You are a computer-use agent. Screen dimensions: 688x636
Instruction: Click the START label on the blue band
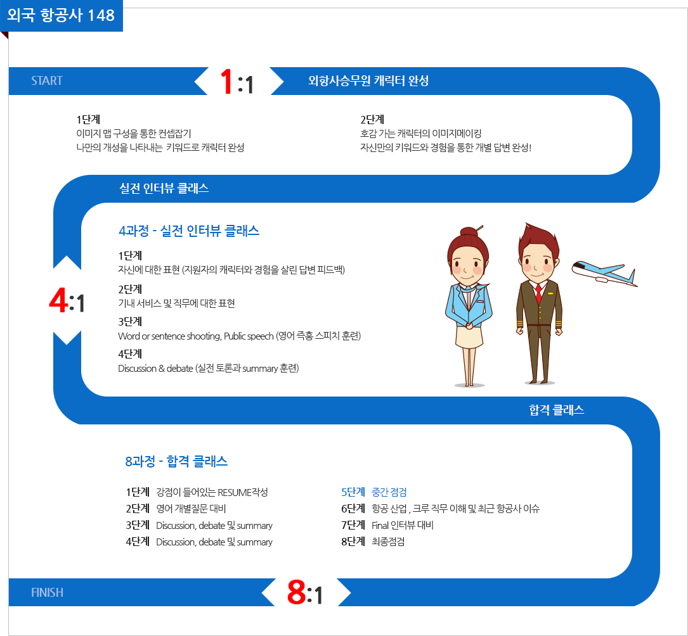47,80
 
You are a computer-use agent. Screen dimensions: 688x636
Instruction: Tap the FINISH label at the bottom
47,592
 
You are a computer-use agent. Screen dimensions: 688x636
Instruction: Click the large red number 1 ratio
227,81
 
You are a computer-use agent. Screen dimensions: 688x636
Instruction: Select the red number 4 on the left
58,301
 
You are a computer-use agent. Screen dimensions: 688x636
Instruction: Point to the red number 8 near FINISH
297,592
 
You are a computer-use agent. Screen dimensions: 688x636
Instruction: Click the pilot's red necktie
538,293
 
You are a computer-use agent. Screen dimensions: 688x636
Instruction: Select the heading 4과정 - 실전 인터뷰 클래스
189,231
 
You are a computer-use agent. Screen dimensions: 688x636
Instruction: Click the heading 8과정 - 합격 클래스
176,461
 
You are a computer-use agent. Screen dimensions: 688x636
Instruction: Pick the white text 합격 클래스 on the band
556,410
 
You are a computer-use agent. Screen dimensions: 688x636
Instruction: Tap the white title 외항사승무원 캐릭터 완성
368,80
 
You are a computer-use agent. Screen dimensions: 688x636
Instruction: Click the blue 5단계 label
353,492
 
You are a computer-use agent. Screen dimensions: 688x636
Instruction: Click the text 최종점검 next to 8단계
388,542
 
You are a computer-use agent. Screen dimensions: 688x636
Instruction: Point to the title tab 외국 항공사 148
61,15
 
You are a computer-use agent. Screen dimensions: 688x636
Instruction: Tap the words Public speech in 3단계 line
249,336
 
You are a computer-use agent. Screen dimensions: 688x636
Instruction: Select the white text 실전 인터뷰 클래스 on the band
164,189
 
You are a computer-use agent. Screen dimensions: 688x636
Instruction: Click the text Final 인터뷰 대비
403,525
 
